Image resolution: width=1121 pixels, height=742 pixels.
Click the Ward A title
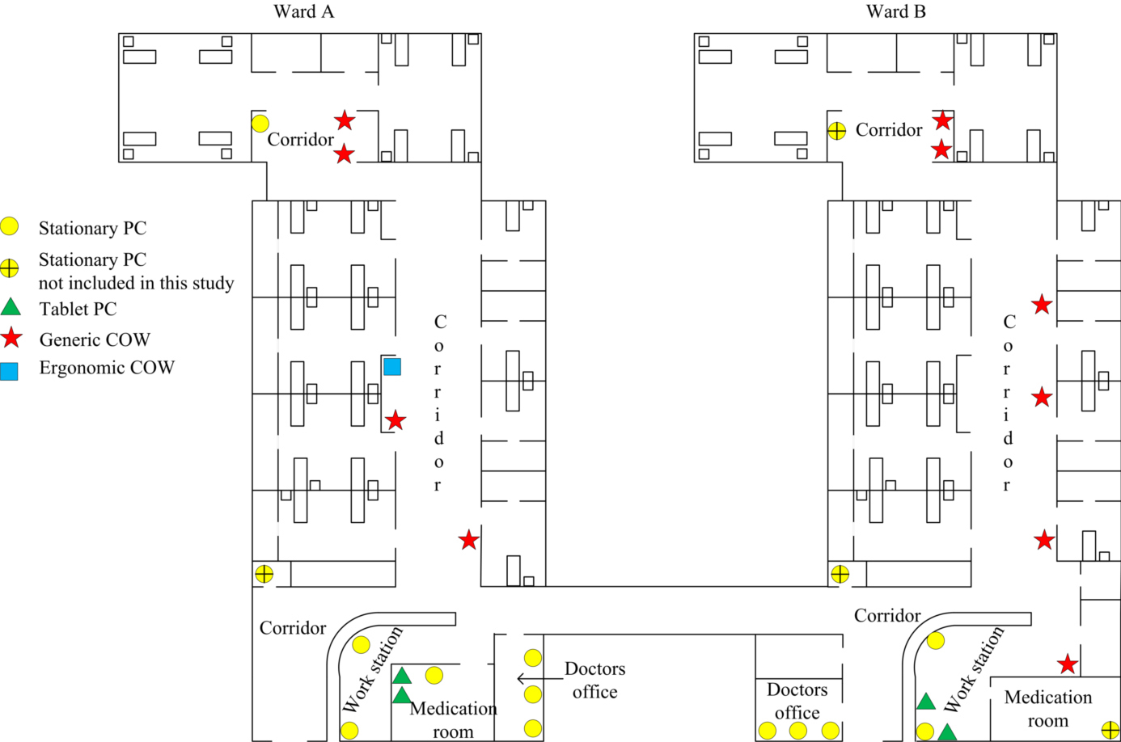[303, 11]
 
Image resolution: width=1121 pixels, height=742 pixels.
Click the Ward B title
[895, 11]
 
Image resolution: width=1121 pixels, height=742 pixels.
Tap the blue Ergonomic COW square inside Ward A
[392, 367]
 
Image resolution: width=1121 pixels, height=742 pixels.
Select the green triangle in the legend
[10, 307]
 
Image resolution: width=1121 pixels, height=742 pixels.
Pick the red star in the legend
[11, 338]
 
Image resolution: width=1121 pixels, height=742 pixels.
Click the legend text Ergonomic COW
[107, 368]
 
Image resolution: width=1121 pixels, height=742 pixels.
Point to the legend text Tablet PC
[78, 309]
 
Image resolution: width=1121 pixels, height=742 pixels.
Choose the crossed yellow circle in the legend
[10, 268]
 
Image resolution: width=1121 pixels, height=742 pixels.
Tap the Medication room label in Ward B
[1047, 709]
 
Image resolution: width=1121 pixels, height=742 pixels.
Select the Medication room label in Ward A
[453, 719]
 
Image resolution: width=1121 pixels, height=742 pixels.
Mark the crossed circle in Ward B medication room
[1110, 730]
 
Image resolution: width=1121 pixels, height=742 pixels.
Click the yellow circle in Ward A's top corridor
[260, 124]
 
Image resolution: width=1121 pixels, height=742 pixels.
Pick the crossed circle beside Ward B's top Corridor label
[837, 130]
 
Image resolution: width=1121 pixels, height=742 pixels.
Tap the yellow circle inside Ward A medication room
[434, 675]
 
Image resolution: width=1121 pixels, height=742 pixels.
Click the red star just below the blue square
[395, 420]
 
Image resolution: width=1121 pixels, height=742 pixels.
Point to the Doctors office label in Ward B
[797, 701]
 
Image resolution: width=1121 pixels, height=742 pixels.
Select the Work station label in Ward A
[373, 669]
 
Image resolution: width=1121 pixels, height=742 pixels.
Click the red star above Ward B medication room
[1068, 664]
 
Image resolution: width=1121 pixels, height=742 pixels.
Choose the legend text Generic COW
[95, 339]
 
